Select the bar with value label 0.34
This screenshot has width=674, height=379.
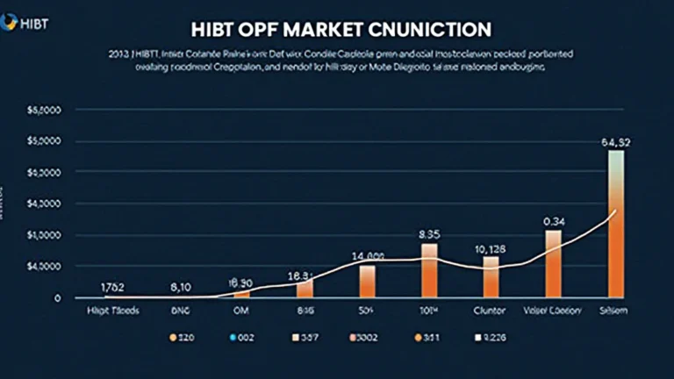pos(553,263)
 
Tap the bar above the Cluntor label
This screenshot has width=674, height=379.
pos(491,276)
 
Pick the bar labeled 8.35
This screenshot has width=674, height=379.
pos(428,270)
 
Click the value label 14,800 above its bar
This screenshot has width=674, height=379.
pos(368,256)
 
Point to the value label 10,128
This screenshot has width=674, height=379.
pos(491,247)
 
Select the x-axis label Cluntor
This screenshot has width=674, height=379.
pos(491,311)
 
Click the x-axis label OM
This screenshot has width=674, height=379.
pos(240,311)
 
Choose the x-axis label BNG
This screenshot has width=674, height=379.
pos(179,311)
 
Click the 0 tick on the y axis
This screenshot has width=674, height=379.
pos(57,298)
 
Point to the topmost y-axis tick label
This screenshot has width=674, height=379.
pos(42,111)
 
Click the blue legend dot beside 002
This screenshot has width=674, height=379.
pos(231,336)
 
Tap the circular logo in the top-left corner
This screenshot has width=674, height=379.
pos(8,18)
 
